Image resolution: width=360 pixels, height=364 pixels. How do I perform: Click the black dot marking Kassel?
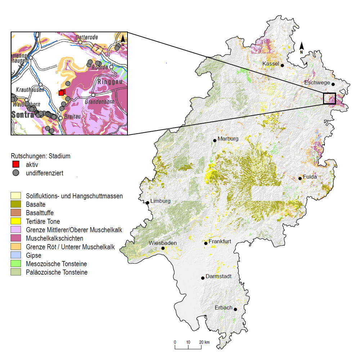(x=283, y=66)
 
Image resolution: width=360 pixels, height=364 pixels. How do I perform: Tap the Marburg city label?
(x=228, y=138)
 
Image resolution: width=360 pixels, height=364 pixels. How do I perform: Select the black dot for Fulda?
(x=300, y=178)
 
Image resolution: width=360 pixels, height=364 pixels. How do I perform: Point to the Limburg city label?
(x=160, y=201)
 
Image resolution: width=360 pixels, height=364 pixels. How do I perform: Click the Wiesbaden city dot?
(x=163, y=248)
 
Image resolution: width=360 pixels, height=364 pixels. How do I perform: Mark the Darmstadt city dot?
(x=203, y=278)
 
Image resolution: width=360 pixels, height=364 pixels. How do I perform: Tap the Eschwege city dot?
(x=333, y=84)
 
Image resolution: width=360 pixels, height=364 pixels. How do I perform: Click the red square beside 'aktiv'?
(x=16, y=164)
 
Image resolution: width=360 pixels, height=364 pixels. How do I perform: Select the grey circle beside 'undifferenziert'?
(x=16, y=173)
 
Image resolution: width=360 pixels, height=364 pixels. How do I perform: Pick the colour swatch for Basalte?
(x=16, y=205)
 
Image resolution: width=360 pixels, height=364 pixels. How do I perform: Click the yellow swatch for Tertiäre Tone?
(x=16, y=221)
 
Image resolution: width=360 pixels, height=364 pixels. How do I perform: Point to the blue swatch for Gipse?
(x=16, y=255)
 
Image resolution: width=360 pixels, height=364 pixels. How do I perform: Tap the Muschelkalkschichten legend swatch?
(x=16, y=238)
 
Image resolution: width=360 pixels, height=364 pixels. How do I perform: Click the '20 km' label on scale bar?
(x=204, y=342)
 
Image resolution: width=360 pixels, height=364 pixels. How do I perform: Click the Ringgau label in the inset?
(x=111, y=82)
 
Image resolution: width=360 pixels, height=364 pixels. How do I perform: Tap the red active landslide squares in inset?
(x=62, y=93)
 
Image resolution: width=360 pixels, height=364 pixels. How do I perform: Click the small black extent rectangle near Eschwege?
(x=329, y=98)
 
